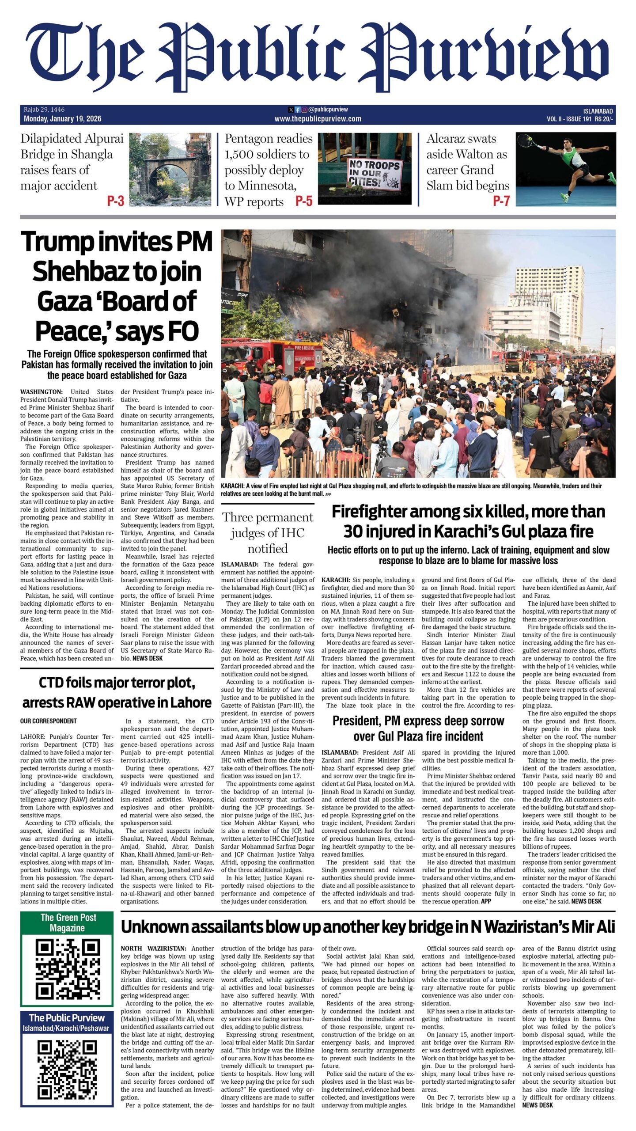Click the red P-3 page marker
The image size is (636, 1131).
coord(116,201)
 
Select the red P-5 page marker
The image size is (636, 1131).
coord(304,201)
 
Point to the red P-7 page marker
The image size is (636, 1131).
coord(501,201)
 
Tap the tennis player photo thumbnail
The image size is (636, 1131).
coord(566,170)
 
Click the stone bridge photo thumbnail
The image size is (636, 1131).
coord(170,170)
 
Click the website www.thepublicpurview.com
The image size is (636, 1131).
coord(318,119)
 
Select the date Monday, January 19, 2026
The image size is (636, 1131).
coord(63,119)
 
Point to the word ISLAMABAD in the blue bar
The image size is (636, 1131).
coord(598,111)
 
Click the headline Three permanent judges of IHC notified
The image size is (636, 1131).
coord(268,532)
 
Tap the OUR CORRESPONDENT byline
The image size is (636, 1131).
coord(49,721)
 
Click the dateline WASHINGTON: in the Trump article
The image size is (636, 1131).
coord(42,392)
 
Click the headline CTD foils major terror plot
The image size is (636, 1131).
coord(117,692)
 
